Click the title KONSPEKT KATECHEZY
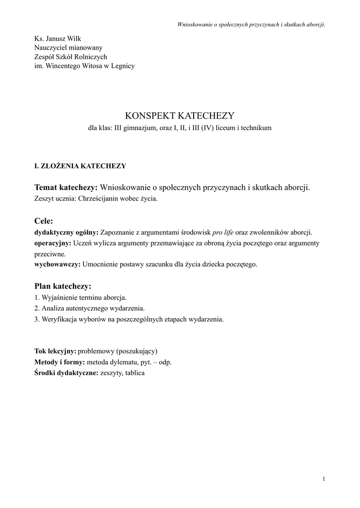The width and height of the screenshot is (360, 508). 179,116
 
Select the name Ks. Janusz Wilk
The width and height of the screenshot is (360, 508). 58,39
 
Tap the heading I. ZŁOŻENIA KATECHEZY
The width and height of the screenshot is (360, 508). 80,166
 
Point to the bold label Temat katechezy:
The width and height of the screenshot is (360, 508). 66,187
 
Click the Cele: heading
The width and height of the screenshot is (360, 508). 44,221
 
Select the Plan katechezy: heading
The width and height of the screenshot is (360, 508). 63,286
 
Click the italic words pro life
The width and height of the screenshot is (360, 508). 223,232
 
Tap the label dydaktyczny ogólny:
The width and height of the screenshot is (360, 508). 66,232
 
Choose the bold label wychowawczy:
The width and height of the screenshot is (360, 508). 57,264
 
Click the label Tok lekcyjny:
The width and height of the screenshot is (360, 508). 55,351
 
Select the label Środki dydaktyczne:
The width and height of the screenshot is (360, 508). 66,373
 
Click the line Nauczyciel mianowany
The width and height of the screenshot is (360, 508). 68,48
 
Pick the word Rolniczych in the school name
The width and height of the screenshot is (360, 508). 92,57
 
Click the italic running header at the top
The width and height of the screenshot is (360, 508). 251,24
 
